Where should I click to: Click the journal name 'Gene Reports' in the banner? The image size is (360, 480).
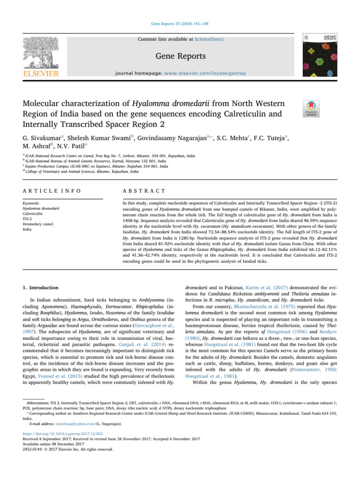click(180, 56)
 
